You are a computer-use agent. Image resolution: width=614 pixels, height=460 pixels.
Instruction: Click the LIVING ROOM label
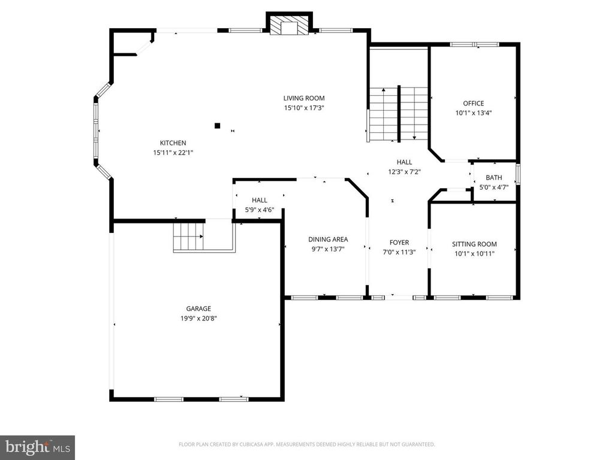(x=304, y=98)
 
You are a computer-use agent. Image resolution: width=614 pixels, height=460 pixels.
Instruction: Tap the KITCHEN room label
(x=173, y=143)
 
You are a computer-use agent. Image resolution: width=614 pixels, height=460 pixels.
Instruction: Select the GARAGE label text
(x=198, y=308)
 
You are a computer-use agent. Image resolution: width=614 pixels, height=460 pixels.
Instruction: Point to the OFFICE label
(x=473, y=103)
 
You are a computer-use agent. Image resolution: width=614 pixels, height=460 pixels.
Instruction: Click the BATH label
(x=494, y=177)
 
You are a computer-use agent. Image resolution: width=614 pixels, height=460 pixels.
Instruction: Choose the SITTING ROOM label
(x=474, y=244)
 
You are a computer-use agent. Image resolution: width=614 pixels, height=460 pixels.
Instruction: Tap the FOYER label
(x=399, y=243)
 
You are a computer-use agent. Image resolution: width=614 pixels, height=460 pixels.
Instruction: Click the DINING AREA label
(x=328, y=239)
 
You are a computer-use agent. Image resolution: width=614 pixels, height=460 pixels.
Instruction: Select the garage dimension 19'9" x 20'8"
(x=198, y=318)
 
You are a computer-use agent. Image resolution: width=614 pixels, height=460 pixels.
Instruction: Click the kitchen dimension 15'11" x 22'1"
(x=173, y=152)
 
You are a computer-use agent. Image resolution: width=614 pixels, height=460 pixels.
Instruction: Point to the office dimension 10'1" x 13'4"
(x=473, y=113)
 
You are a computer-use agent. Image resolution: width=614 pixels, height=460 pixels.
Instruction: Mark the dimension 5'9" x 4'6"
(x=260, y=210)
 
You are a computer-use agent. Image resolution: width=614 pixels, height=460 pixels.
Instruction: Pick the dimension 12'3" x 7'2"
(x=404, y=172)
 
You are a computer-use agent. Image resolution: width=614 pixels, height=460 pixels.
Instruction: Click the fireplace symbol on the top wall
(x=289, y=25)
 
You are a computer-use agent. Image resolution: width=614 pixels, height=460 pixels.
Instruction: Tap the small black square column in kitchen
(x=217, y=126)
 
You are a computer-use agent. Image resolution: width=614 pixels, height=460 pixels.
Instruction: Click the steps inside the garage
(x=188, y=237)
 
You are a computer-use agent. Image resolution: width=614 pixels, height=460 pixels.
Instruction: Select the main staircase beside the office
(x=398, y=114)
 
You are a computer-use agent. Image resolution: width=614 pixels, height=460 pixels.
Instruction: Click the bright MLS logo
(x=37, y=447)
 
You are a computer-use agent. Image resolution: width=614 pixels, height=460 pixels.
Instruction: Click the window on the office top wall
(x=474, y=44)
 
